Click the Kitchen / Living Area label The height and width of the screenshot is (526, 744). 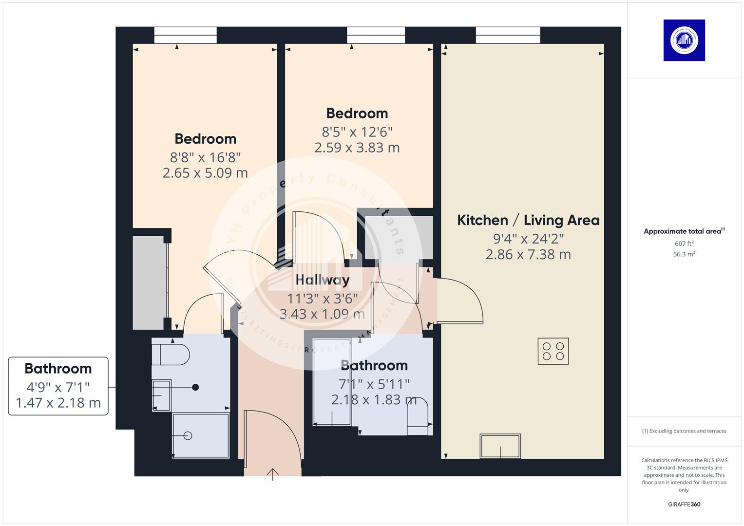(528, 220)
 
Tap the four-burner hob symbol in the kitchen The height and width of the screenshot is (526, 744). (553, 351)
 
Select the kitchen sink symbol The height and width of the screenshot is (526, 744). (500, 446)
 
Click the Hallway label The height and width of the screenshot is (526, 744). (322, 280)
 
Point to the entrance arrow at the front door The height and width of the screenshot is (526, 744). (272, 474)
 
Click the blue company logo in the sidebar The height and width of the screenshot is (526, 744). (684, 40)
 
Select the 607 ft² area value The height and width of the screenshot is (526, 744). (684, 244)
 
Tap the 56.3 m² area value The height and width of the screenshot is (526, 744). (684, 254)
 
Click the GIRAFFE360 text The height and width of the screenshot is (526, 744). (684, 504)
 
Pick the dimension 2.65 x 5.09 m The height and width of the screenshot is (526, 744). (205, 173)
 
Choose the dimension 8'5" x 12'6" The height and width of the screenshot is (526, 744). (357, 132)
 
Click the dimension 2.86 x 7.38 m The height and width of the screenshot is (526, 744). (528, 254)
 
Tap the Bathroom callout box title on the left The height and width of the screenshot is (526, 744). (58, 369)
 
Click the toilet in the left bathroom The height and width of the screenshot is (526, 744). (170, 355)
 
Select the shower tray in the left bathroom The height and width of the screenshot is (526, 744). (200, 435)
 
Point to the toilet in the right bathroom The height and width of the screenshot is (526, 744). (417, 417)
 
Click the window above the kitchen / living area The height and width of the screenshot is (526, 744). (508, 35)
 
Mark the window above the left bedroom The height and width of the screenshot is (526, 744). (185, 35)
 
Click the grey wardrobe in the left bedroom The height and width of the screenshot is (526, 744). (149, 282)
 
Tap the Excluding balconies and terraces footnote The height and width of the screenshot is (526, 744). (684, 431)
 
